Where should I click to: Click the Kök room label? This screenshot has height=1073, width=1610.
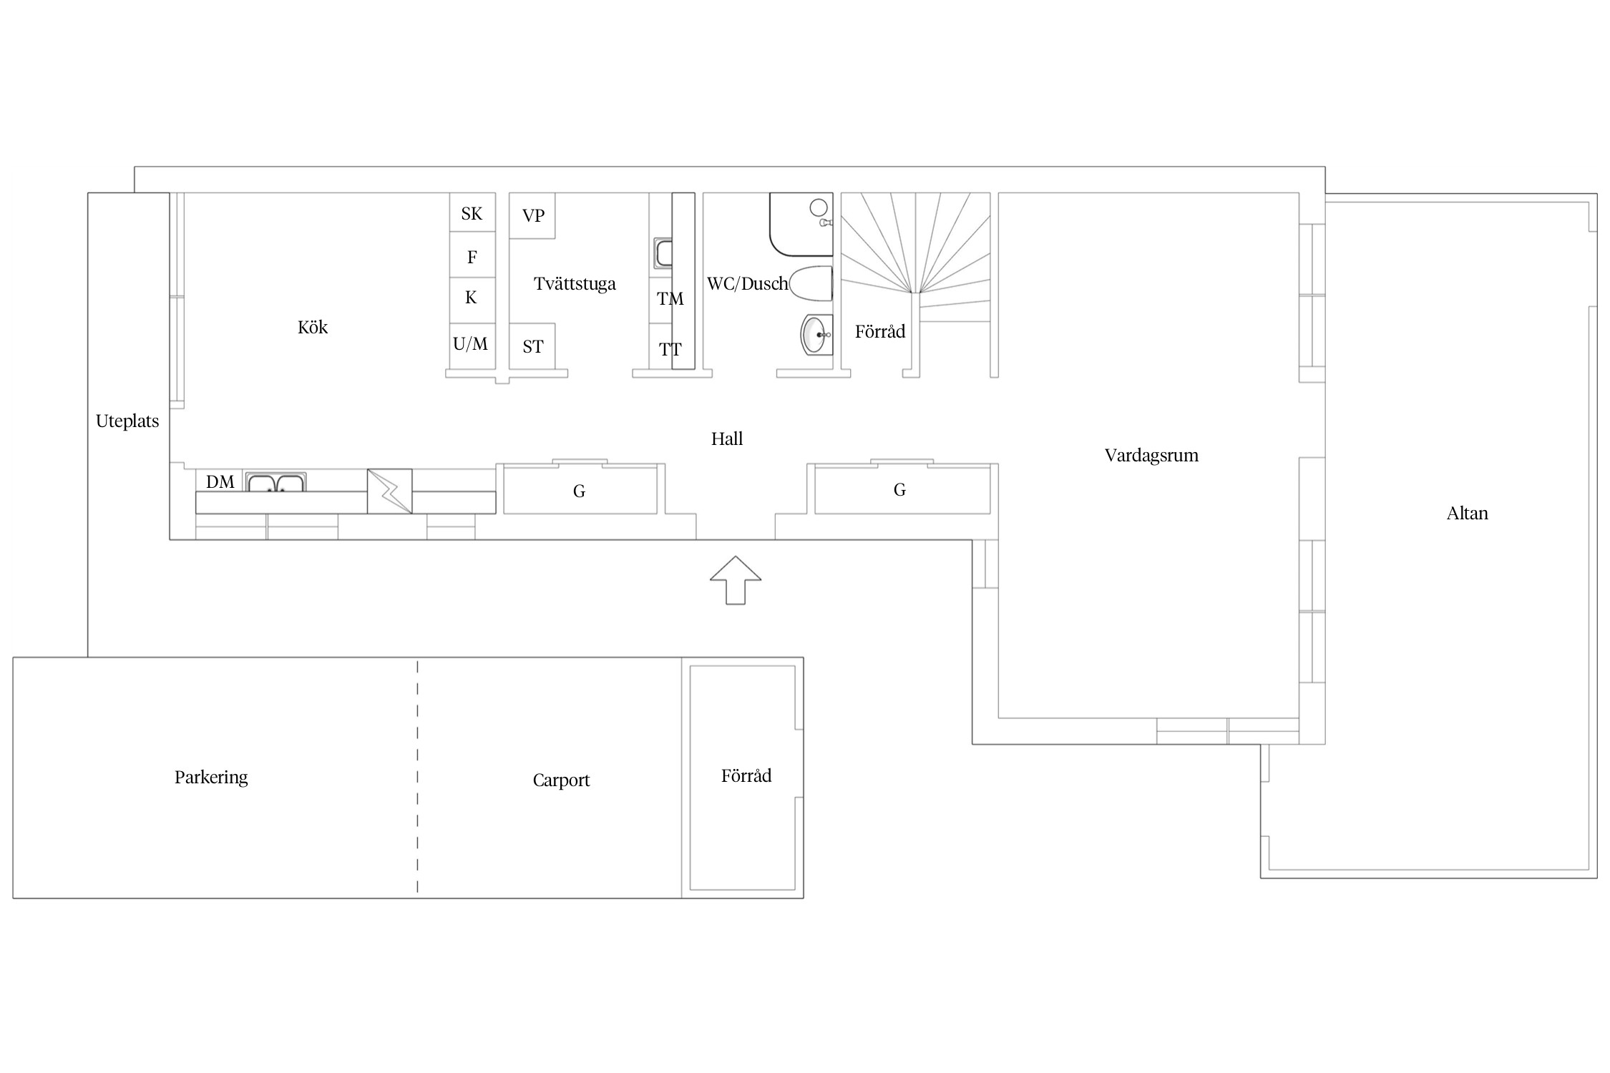pos(313,327)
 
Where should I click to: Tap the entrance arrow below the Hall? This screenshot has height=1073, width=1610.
pos(735,580)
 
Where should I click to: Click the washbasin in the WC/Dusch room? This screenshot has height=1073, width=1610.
pos(816,334)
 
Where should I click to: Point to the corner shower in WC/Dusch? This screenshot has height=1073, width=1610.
pos(801,225)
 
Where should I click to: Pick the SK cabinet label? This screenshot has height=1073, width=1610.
pos(472,213)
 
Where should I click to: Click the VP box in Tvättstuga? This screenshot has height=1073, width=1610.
pos(532,215)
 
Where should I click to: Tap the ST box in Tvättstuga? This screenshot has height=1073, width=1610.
pos(532,346)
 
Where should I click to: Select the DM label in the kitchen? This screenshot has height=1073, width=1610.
pos(220,481)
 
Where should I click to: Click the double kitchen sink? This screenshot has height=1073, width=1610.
pos(276,482)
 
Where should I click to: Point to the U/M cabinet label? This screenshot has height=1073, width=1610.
pos(471,344)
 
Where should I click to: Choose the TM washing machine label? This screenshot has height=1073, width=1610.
pos(670,299)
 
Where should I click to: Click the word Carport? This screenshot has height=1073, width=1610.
pos(561,780)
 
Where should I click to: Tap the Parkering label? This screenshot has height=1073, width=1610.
pos(211,778)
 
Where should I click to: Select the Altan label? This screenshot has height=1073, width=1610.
pos(1467,513)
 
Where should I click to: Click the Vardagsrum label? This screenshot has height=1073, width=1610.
pos(1151,456)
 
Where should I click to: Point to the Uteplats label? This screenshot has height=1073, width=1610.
pos(127,421)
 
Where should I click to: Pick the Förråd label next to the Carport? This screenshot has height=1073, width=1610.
pos(746,775)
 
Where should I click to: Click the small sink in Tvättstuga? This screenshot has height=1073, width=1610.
pos(663,254)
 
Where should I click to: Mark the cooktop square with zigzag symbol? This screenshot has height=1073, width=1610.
pos(390,491)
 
